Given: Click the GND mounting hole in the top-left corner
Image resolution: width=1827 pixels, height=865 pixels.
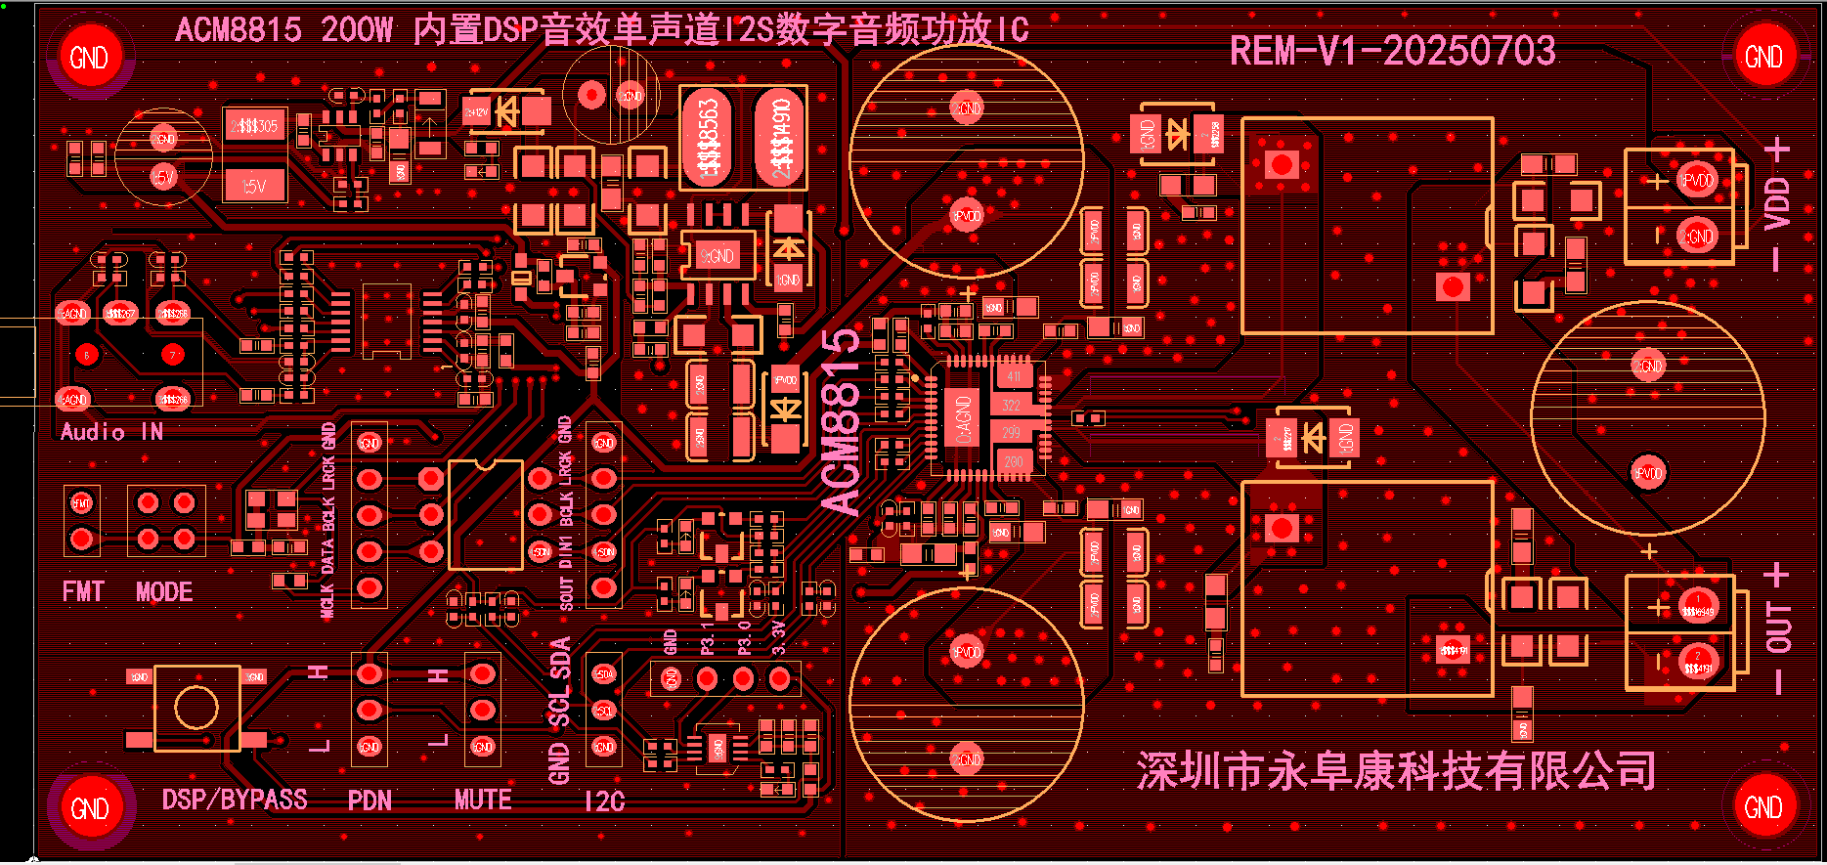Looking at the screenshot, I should tap(89, 57).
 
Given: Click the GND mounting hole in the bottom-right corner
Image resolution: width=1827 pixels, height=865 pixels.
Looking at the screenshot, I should tap(1763, 806).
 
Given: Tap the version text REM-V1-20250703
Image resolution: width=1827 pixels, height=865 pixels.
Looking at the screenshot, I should tap(1392, 51).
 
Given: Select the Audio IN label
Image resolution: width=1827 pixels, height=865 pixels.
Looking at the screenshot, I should tap(111, 432).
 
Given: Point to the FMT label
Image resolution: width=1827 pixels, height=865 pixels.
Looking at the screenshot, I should tap(82, 591).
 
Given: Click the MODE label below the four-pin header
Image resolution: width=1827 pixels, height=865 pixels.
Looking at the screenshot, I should tap(164, 591).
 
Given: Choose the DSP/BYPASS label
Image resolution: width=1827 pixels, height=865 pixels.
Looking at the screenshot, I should tap(235, 800).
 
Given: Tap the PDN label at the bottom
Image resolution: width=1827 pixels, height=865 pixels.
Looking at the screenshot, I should tap(370, 800).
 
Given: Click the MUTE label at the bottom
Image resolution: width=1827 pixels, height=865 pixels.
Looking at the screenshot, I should tap(483, 800).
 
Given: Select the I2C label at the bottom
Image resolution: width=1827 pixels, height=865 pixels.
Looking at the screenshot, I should tap(604, 801).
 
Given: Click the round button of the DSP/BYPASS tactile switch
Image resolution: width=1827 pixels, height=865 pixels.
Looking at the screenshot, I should tap(196, 708).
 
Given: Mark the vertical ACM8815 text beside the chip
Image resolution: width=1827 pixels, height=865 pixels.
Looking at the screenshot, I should tap(842, 422).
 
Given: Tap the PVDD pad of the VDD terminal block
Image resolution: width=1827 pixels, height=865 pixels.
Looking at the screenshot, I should tap(1697, 181).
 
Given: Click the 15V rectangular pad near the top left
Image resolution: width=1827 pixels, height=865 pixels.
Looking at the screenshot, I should tap(254, 185).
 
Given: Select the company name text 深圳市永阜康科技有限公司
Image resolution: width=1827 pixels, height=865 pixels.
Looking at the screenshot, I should tap(1396, 771).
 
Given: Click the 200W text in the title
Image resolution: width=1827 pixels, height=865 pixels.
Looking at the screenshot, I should tap(357, 29).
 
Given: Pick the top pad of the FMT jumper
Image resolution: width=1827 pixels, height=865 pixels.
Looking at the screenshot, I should tap(81, 503).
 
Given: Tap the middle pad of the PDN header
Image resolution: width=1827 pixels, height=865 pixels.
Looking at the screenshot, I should tap(369, 710).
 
